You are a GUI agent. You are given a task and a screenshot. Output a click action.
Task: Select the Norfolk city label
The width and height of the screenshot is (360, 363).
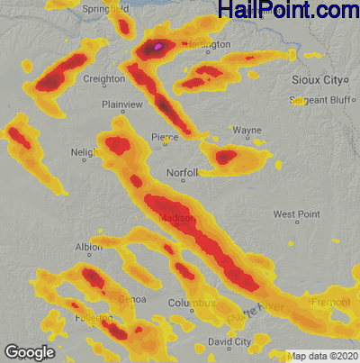pos(182,172)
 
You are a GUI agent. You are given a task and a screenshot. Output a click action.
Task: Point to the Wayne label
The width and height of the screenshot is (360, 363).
pos(247,131)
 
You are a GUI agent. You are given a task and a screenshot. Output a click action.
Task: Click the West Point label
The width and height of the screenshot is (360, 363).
pos(297,214)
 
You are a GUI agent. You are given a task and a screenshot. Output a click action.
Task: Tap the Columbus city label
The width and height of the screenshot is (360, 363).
pos(192,304)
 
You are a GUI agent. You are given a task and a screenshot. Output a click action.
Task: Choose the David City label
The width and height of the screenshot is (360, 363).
pos(229,341)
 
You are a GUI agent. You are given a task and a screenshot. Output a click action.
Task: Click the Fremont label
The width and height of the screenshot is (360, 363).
pos(330,303)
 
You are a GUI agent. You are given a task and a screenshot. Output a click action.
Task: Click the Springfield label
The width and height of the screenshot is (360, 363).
pos(105,7)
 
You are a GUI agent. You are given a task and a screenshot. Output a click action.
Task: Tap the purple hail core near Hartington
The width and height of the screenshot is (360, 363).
pos(159,44)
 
